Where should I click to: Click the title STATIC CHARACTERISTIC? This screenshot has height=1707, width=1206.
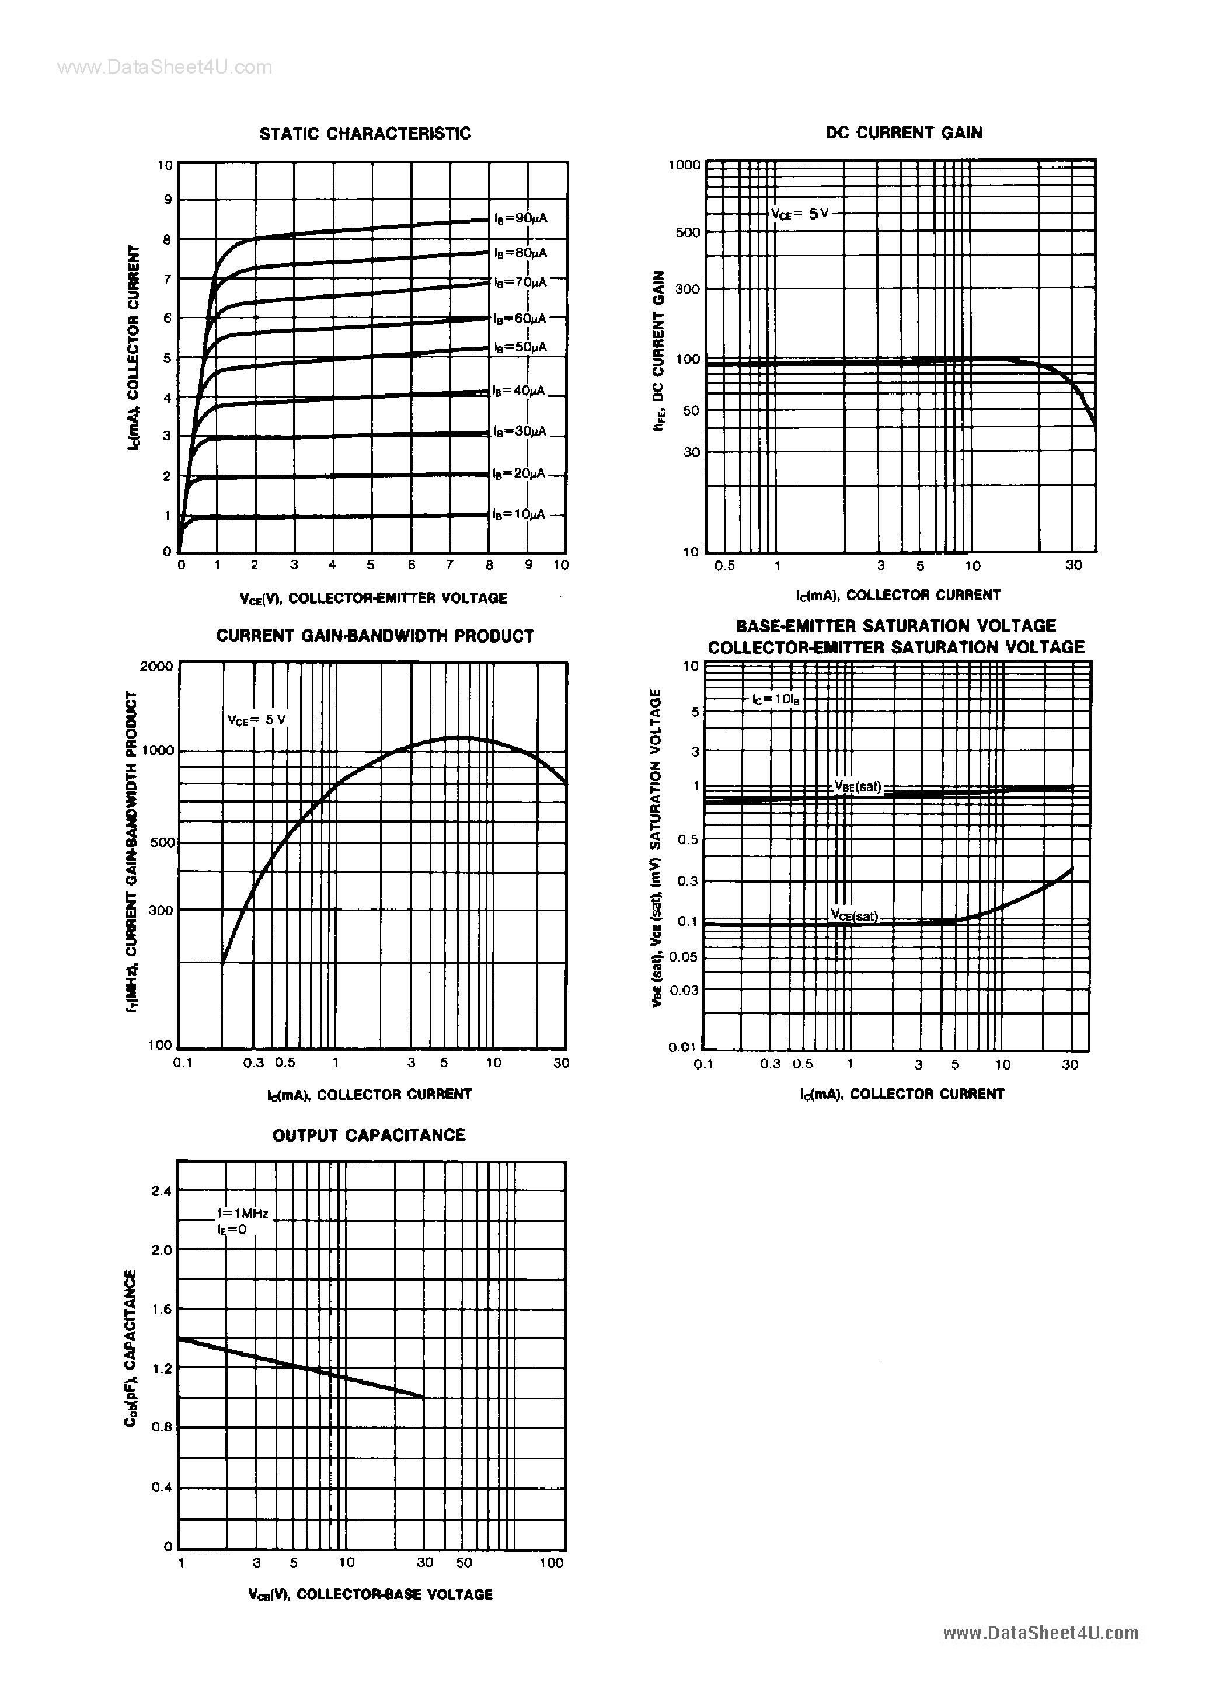[365, 134]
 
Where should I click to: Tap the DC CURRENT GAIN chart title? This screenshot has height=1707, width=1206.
[904, 133]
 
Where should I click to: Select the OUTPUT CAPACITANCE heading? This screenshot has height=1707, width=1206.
[369, 1135]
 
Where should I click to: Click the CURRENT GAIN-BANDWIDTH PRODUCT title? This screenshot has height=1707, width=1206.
[375, 636]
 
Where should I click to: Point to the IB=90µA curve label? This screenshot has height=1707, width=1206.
[521, 218]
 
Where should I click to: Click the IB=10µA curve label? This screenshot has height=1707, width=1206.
[519, 514]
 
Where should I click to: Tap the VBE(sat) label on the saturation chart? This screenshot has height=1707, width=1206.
[858, 786]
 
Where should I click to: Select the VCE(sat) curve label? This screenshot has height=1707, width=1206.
[855, 916]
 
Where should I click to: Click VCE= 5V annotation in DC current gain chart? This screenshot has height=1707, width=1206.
[799, 214]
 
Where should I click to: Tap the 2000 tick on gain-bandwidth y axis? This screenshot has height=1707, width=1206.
[156, 666]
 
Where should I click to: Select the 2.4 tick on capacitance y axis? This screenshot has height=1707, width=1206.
[161, 1190]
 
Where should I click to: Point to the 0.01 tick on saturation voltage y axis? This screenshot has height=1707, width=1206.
[681, 1047]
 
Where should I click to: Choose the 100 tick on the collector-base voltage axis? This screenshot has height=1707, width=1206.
[551, 1563]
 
